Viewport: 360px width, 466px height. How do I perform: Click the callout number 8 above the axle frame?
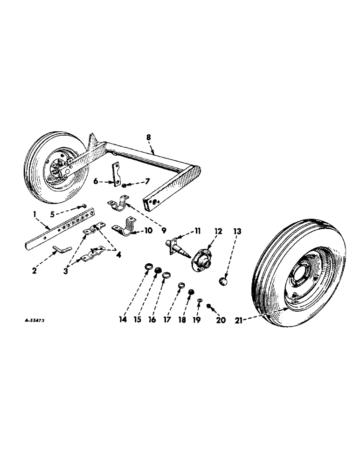tap(149, 138)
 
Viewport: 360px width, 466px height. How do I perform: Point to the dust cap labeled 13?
tap(224, 281)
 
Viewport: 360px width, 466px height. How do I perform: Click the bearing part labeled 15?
tap(158, 271)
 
